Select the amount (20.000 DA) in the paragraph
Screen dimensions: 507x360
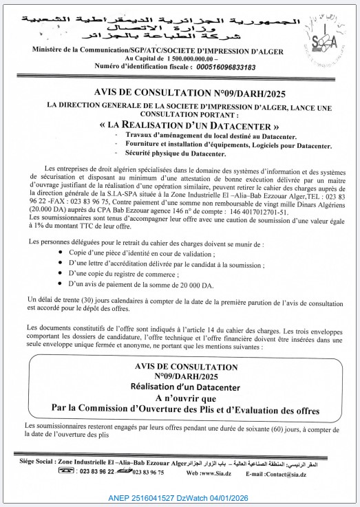[49, 205]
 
